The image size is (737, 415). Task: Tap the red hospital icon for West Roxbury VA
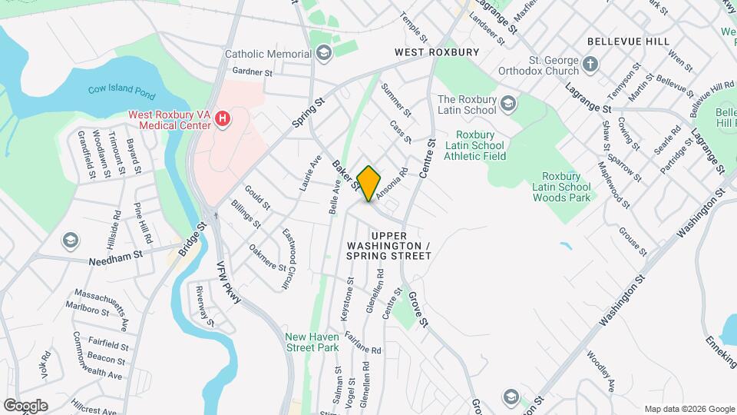click(x=223, y=118)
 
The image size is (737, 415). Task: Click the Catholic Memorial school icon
click(x=323, y=54)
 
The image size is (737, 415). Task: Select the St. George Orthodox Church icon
click(x=590, y=64)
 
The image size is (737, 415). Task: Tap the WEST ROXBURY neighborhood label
click(x=437, y=52)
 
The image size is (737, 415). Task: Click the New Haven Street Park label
click(x=312, y=342)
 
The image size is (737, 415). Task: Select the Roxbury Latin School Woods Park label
click(x=561, y=187)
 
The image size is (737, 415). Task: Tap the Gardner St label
click(x=253, y=72)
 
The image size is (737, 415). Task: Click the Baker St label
click(x=346, y=174)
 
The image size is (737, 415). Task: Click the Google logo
click(x=25, y=405)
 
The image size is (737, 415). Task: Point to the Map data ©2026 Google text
click(x=688, y=409)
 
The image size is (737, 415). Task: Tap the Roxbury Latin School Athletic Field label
click(x=473, y=145)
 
